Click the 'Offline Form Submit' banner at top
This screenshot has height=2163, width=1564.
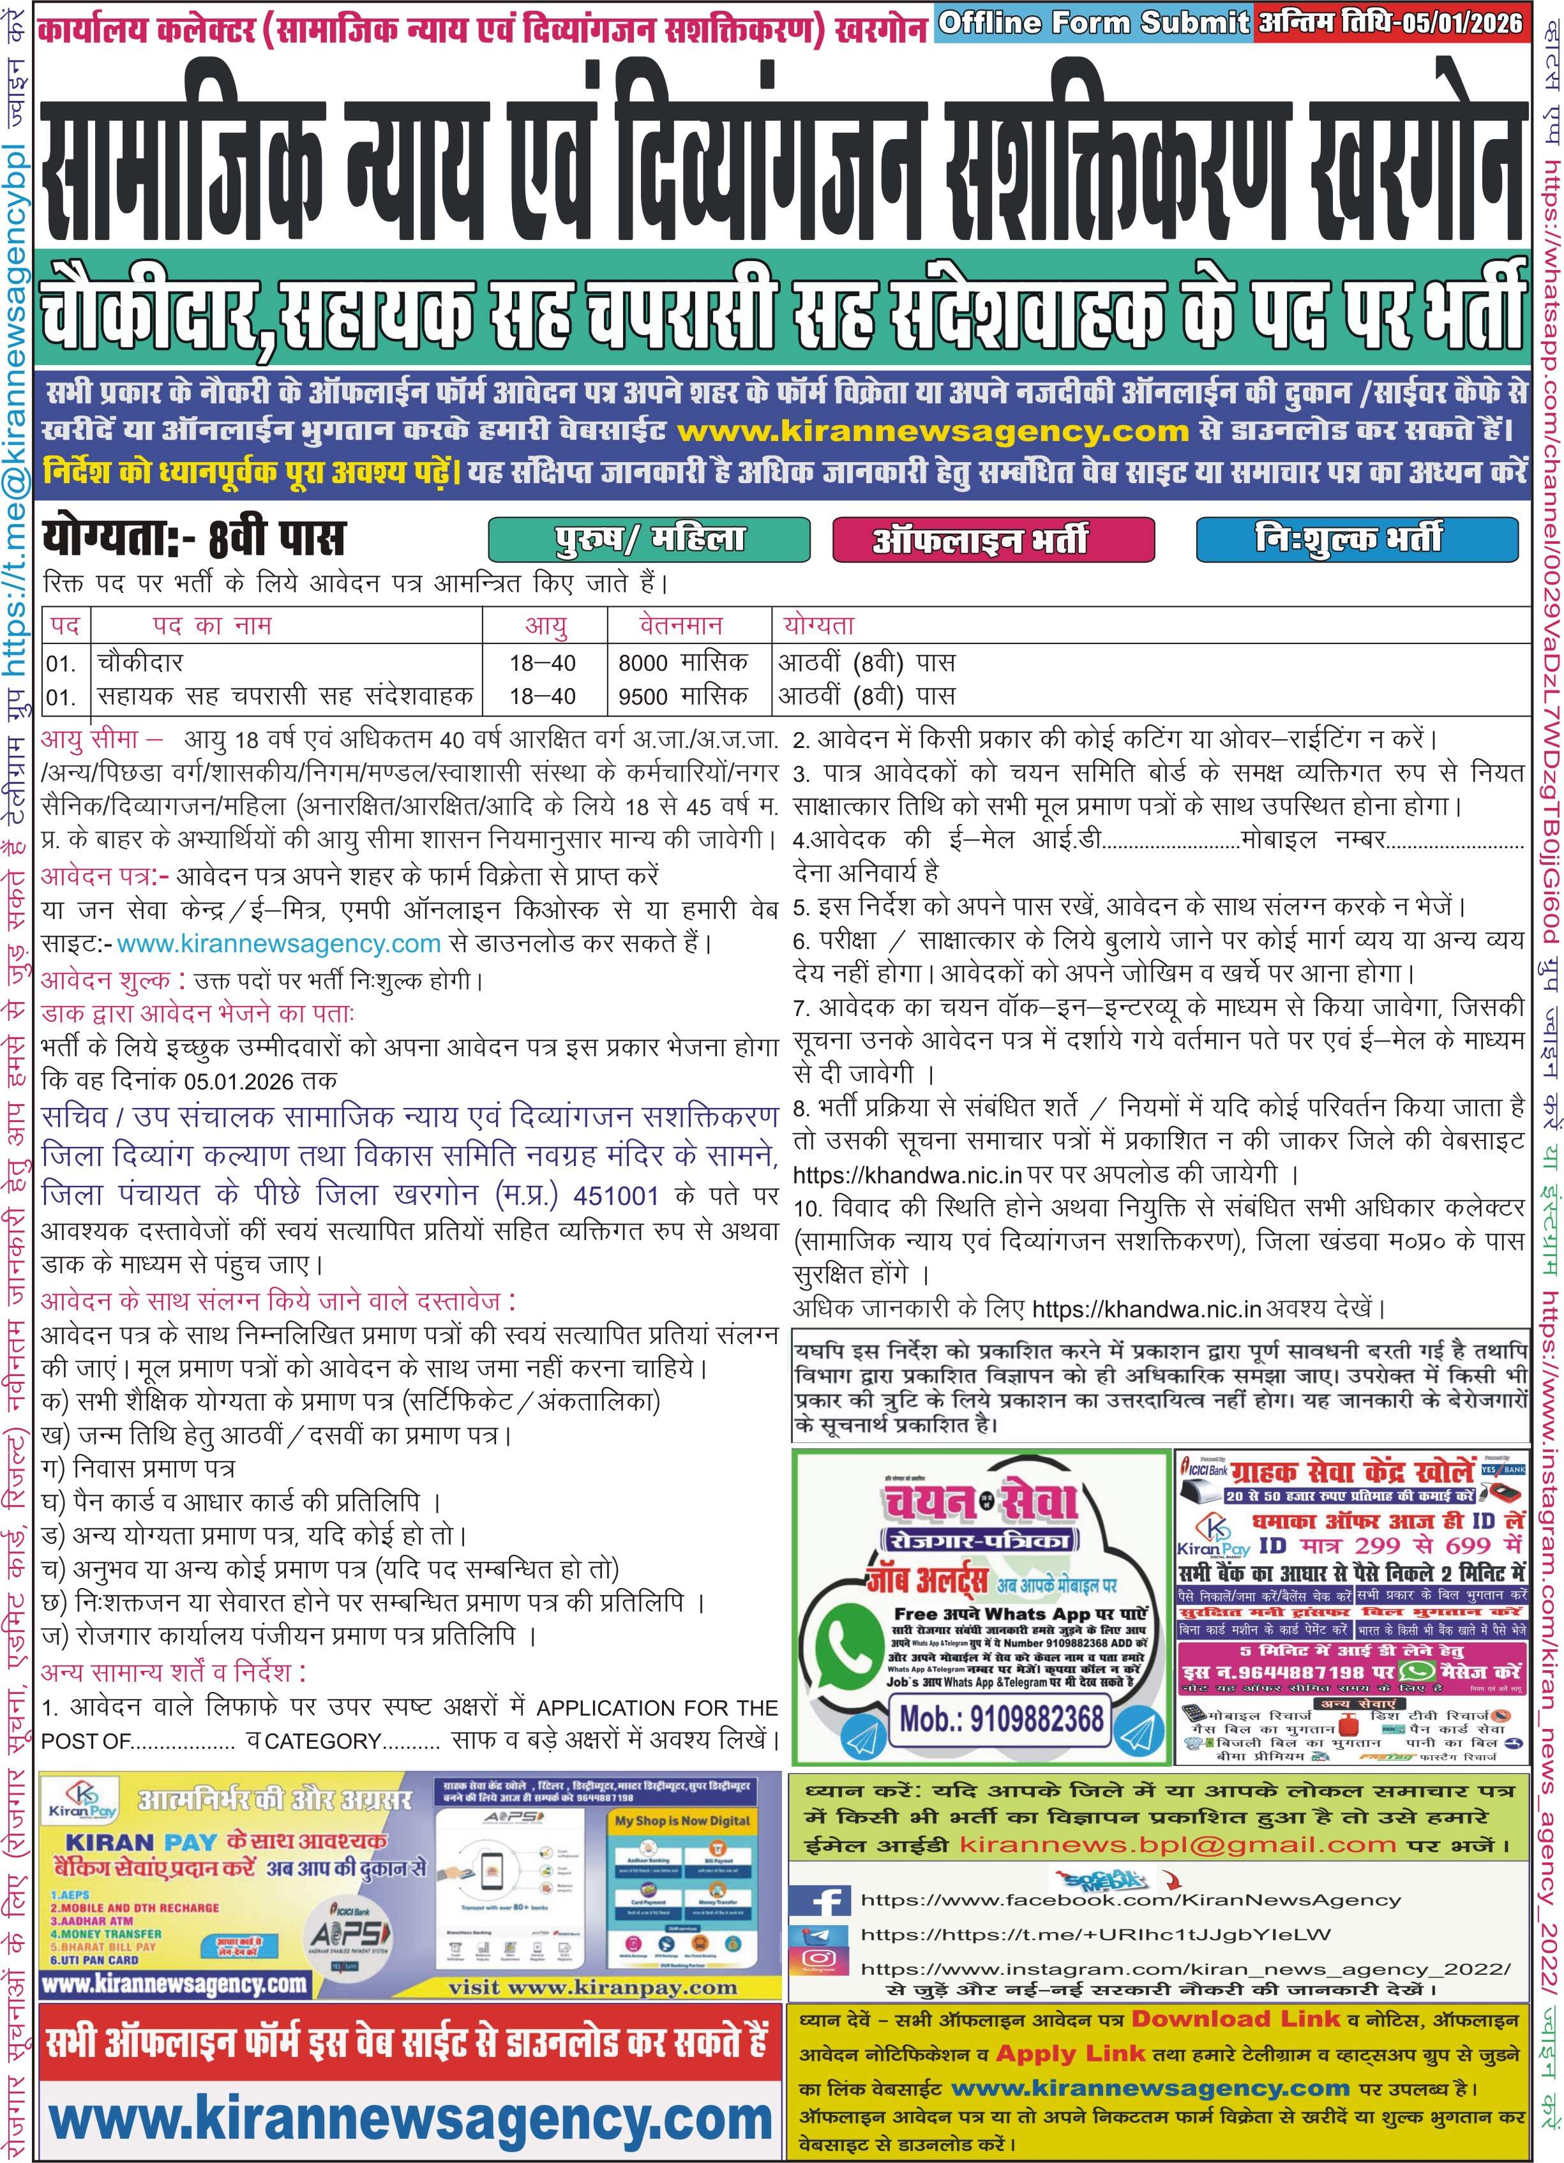click(x=1093, y=22)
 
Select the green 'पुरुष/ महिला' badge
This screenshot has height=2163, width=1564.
click(x=649, y=540)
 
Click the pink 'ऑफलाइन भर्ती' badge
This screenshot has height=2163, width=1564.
click(x=993, y=540)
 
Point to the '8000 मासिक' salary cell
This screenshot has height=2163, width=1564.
click(x=683, y=662)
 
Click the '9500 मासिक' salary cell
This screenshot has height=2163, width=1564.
click(x=683, y=696)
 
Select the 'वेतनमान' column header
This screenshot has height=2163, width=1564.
click(x=681, y=625)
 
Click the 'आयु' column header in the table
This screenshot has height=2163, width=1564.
click(x=546, y=625)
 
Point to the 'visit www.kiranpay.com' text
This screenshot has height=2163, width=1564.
click(x=592, y=1987)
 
